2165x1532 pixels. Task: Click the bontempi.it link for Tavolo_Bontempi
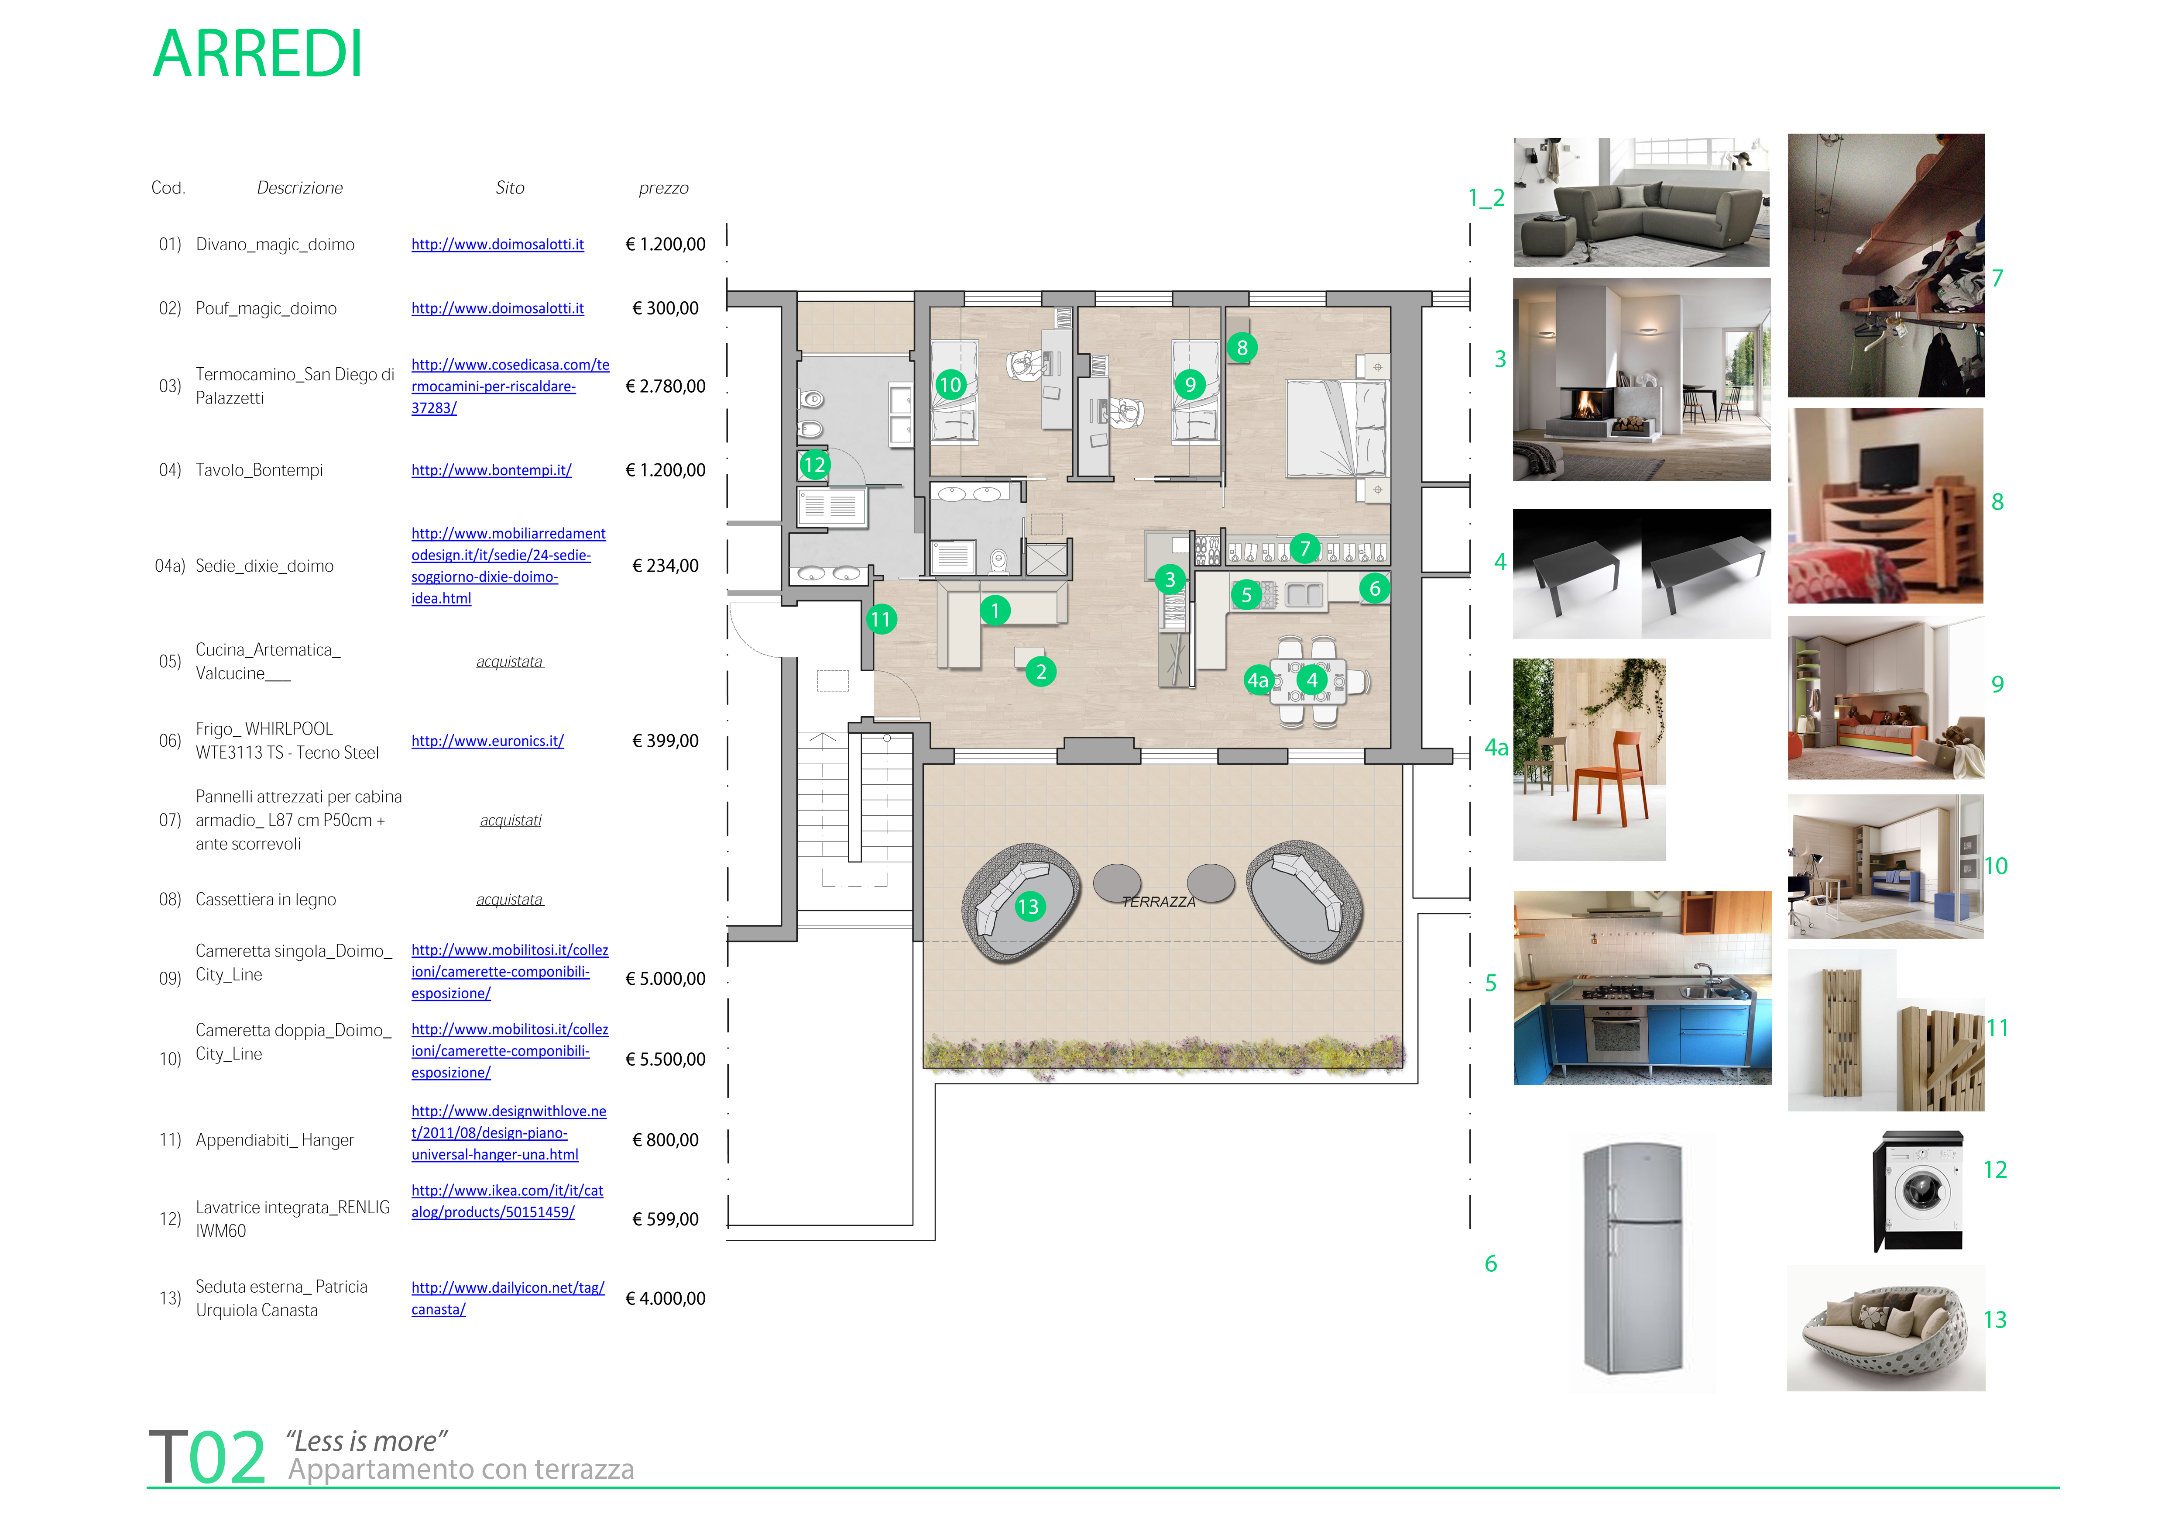(491, 470)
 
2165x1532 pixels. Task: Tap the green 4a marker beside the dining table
(1258, 680)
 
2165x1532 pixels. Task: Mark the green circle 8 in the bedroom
(1242, 348)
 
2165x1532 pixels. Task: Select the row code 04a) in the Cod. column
(171, 566)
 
